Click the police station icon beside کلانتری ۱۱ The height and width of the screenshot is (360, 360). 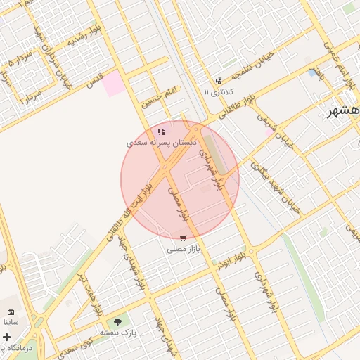click(x=219, y=81)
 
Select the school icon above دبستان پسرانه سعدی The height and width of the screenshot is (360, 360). click(x=162, y=131)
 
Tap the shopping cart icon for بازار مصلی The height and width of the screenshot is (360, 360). click(x=184, y=238)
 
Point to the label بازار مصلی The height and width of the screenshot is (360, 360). click(x=184, y=249)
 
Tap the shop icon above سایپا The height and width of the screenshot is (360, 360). click(x=11, y=311)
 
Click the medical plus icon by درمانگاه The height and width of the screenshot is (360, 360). click(x=7, y=337)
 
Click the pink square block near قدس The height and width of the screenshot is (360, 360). click(x=112, y=84)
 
